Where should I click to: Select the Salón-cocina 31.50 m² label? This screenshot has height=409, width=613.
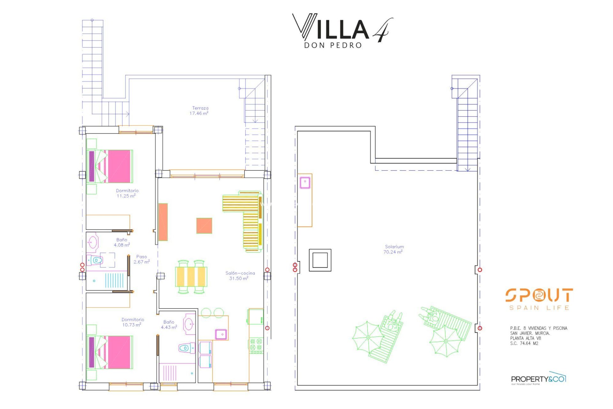click(x=240, y=276)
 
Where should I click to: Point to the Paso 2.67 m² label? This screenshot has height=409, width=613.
click(x=141, y=259)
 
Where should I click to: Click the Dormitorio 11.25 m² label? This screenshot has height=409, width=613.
click(x=127, y=193)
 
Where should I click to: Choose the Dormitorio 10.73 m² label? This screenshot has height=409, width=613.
click(x=132, y=322)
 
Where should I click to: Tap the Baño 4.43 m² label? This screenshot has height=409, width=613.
click(x=169, y=325)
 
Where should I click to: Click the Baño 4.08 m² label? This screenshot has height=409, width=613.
click(x=122, y=242)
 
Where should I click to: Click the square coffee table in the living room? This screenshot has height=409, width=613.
click(x=204, y=226)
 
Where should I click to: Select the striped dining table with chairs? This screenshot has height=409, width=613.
click(x=191, y=276)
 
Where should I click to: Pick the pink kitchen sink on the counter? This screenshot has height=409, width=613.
click(x=221, y=334)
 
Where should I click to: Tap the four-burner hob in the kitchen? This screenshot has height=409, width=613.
click(x=256, y=344)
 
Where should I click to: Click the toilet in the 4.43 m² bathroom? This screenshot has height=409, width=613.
click(x=186, y=348)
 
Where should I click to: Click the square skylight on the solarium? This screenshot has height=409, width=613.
click(x=320, y=260)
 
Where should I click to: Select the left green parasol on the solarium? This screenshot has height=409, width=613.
click(x=368, y=337)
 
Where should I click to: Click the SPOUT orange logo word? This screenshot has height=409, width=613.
click(x=539, y=295)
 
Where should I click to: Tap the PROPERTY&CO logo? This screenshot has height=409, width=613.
click(x=538, y=379)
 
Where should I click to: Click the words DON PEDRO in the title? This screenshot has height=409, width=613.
click(x=333, y=45)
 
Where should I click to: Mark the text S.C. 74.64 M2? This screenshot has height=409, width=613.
click(x=524, y=343)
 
